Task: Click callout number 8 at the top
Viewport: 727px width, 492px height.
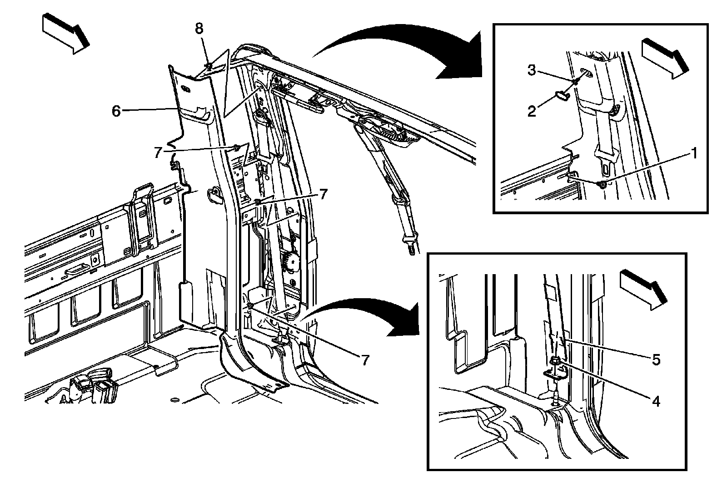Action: pyautogui.click(x=199, y=28)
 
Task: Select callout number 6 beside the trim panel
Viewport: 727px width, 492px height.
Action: pyautogui.click(x=116, y=111)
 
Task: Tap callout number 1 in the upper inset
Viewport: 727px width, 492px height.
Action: pyautogui.click(x=693, y=153)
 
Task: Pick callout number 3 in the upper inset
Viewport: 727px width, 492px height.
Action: pyautogui.click(x=532, y=70)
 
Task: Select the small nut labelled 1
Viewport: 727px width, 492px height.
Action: pyautogui.click(x=602, y=184)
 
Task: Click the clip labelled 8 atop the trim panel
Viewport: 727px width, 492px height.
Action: pyautogui.click(x=208, y=67)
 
